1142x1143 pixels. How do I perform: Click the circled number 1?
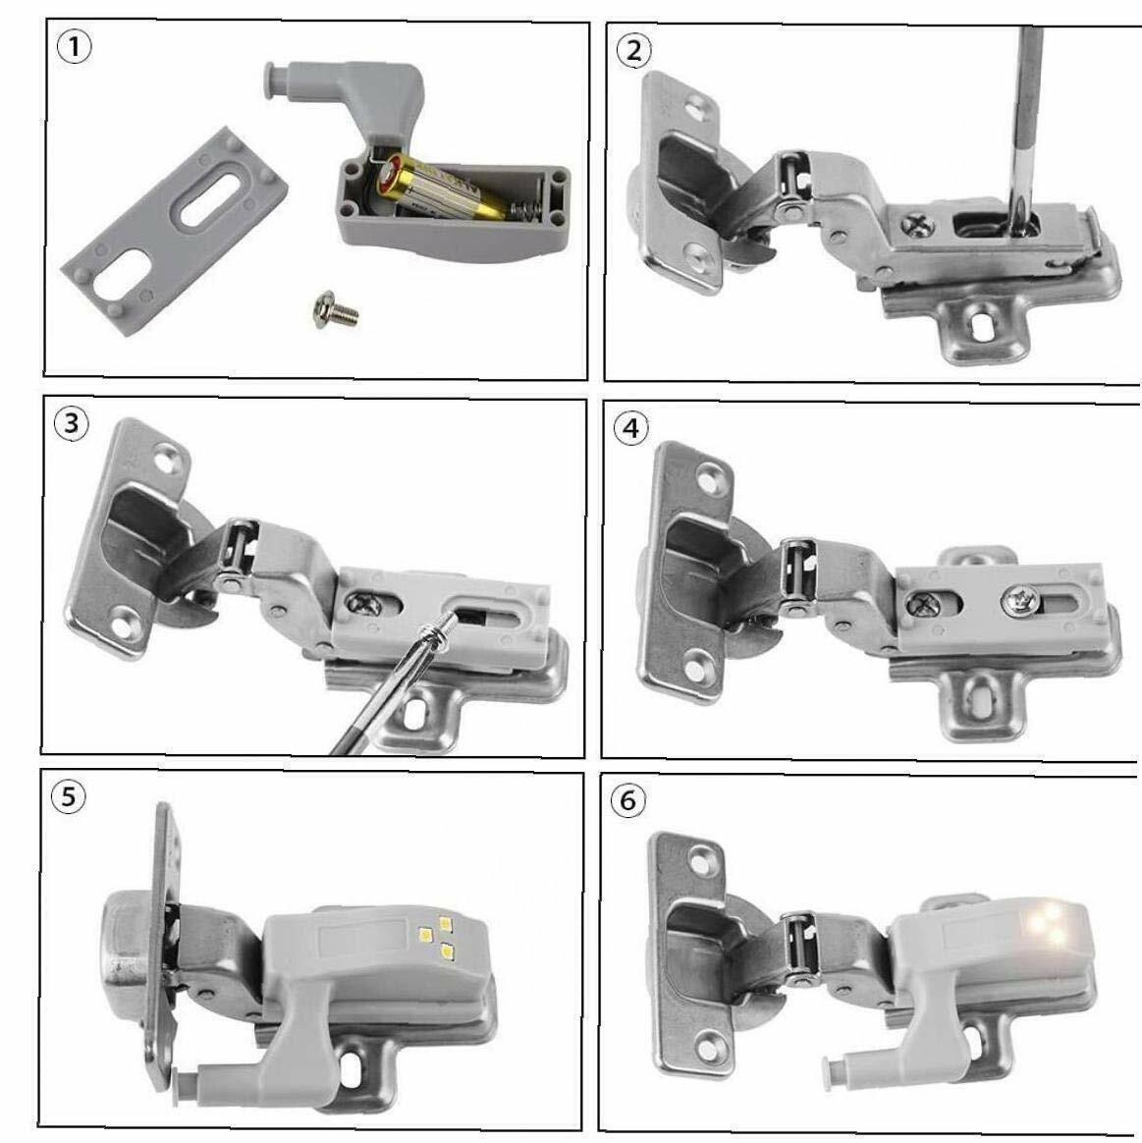click(74, 48)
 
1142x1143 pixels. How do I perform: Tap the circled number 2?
click(633, 51)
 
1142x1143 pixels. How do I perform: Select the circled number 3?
click(71, 423)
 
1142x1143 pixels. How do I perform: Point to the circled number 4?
click(631, 428)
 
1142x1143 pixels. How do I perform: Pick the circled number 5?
click(68, 796)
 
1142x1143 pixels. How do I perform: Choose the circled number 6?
click(627, 801)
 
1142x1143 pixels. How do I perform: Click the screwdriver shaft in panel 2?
click(1026, 124)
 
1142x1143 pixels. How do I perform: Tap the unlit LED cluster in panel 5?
click(437, 936)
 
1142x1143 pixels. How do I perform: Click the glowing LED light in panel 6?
click(1048, 922)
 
